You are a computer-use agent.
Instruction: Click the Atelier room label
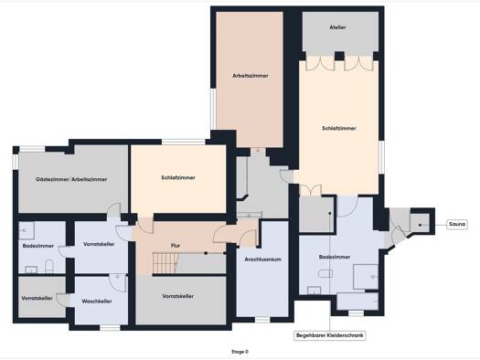pyautogui.click(x=337, y=27)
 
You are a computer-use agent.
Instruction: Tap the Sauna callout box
pyautogui.click(x=457, y=224)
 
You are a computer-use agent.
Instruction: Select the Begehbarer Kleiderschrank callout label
pyautogui.click(x=330, y=335)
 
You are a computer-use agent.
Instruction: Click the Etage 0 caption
pyautogui.click(x=240, y=352)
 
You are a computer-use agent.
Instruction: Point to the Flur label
pyautogui.click(x=176, y=245)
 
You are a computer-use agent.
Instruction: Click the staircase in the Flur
pyautogui.click(x=165, y=263)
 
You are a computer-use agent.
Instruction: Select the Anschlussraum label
pyautogui.click(x=262, y=259)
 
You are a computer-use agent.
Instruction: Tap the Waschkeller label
pyautogui.click(x=97, y=302)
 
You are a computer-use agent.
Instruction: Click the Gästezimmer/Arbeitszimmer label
pyautogui.click(x=71, y=179)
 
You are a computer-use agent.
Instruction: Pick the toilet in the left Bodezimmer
pyautogui.click(x=49, y=266)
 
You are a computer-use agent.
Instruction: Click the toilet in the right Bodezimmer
pyautogui.click(x=325, y=273)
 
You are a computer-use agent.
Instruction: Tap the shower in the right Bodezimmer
pyautogui.click(x=366, y=277)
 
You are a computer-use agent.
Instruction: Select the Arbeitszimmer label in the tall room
pyautogui.click(x=251, y=76)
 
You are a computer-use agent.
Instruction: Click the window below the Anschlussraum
pyautogui.click(x=262, y=320)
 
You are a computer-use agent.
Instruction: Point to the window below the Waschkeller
pyautogui.click(x=111, y=328)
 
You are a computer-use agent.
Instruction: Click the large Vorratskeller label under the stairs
pyautogui.click(x=178, y=296)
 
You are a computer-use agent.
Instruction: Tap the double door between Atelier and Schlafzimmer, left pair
pyautogui.click(x=320, y=63)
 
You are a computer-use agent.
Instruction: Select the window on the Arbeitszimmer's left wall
pyautogui.click(x=213, y=109)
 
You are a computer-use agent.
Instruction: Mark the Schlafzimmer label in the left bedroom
pyautogui.click(x=178, y=177)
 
